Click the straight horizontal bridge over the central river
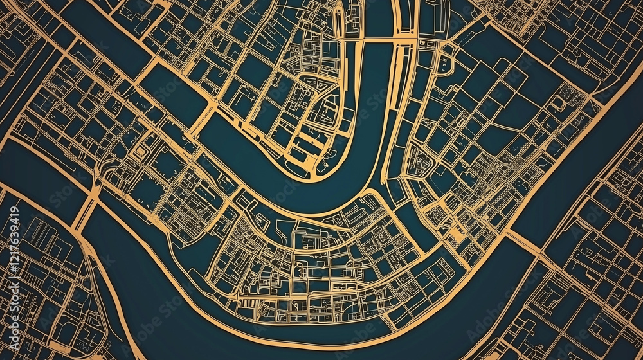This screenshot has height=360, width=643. point(376,40)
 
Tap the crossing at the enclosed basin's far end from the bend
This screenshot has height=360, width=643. point(138,71)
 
